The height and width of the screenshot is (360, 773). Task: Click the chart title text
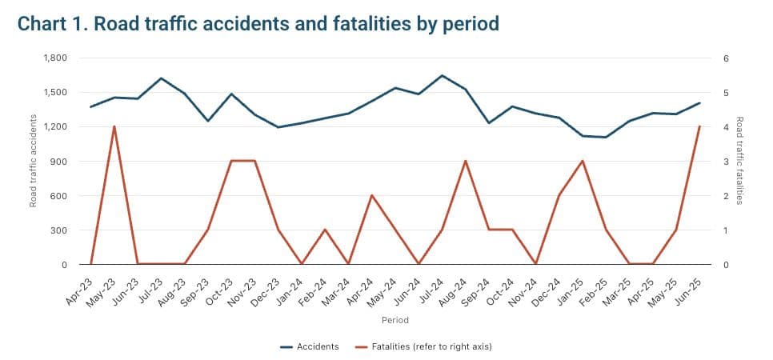click(x=258, y=24)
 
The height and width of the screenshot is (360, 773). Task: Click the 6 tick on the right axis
click(x=725, y=58)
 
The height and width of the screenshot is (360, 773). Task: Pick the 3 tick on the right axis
click(x=725, y=162)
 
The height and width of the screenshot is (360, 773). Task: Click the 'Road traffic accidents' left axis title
click(x=34, y=161)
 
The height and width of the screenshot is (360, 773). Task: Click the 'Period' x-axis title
click(x=395, y=320)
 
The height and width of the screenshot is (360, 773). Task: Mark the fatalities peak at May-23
click(x=114, y=126)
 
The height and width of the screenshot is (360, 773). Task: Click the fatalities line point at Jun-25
click(x=699, y=126)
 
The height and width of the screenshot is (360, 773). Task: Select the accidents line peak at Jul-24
click(x=442, y=76)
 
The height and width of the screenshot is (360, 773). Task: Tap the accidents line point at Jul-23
click(x=161, y=78)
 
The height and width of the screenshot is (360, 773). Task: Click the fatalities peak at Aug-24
click(x=466, y=161)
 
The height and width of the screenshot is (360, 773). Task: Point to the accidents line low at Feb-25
click(x=606, y=137)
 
